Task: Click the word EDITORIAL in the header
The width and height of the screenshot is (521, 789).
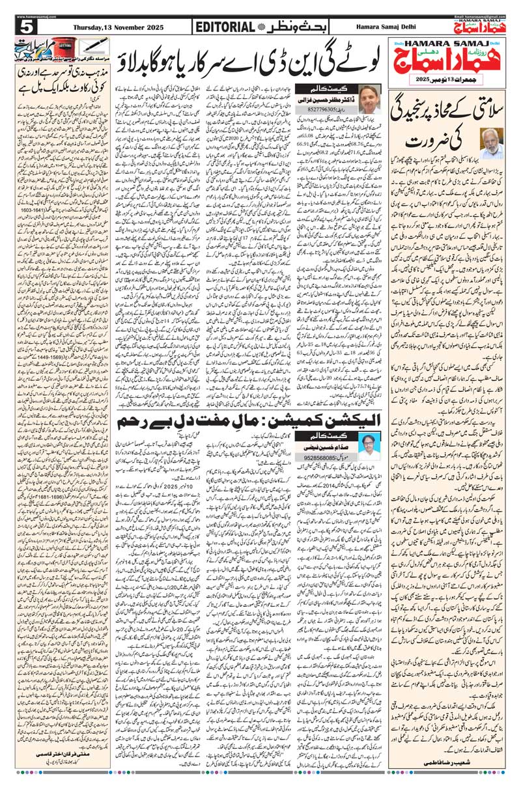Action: [x=225, y=27]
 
